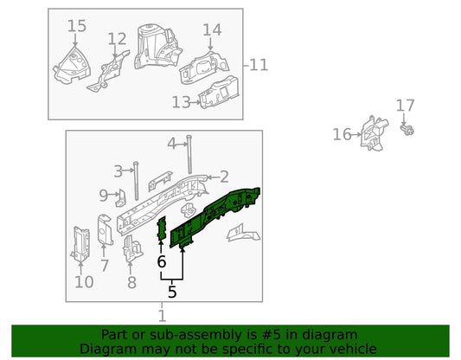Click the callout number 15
(77, 26)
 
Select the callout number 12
(117, 39)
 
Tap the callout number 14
(212, 30)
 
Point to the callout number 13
(181, 102)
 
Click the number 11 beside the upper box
(259, 65)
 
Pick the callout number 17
(405, 106)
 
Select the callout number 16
(342, 134)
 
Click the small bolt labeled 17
(407, 130)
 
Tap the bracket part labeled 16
(374, 133)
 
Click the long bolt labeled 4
(189, 154)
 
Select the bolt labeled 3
(136, 181)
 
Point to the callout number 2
(224, 177)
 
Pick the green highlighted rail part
(214, 217)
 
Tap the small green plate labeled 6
(163, 228)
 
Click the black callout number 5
(172, 292)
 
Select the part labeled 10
(80, 244)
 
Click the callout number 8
(131, 282)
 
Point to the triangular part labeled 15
(72, 65)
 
